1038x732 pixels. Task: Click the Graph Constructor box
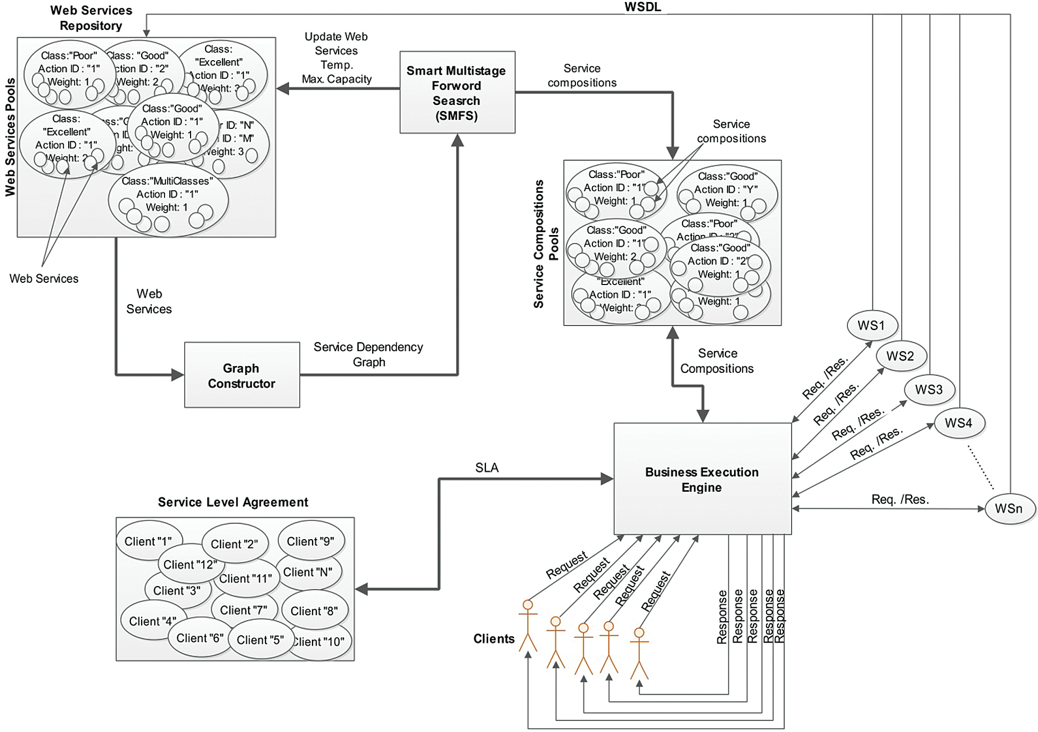click(242, 375)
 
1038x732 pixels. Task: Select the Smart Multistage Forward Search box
click(457, 92)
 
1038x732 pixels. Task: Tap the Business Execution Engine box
click(702, 479)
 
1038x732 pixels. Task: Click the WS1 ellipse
click(871, 325)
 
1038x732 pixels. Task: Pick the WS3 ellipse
click(929, 389)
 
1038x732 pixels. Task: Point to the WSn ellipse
click(1008, 508)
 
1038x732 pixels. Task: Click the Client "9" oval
click(310, 541)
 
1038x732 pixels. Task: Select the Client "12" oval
click(190, 564)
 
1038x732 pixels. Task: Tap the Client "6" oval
click(200, 638)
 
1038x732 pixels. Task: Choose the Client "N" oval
click(308, 572)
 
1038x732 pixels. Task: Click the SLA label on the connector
click(487, 467)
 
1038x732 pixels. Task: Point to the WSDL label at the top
click(642, 7)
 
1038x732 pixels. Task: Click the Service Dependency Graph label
click(368, 354)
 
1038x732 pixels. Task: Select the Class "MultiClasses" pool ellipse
click(168, 201)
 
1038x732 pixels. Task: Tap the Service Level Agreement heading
click(233, 502)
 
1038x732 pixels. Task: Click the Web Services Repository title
click(91, 18)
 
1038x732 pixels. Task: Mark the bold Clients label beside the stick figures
click(493, 639)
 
